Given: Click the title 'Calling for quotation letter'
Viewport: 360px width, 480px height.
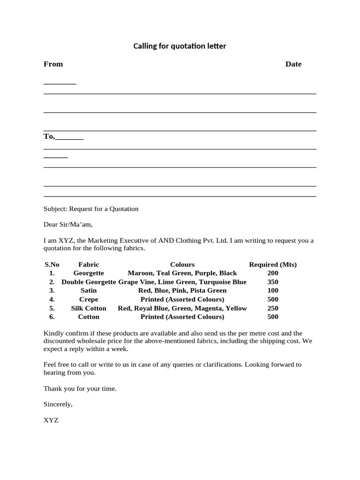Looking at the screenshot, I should tap(180, 46).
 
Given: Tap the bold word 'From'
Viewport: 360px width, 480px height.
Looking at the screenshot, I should tap(53, 64).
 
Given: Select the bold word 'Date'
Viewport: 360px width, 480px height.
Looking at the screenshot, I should tap(293, 64).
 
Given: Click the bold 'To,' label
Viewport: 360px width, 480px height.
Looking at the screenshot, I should tap(49, 136).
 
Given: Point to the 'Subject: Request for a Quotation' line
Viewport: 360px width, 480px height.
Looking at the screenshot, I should tap(91, 209).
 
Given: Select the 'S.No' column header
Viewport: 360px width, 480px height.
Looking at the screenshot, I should tap(52, 264).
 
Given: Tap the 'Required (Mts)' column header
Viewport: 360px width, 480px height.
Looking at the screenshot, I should tap(273, 264).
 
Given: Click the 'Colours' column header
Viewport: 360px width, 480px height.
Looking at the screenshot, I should tap(182, 264).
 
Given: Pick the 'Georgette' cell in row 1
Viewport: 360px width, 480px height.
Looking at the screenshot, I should tap(89, 273).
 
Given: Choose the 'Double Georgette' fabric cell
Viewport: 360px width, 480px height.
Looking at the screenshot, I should tap(89, 282).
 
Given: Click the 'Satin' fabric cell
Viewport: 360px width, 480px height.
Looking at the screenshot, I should tap(89, 291).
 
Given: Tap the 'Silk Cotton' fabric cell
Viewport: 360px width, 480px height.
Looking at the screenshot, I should tap(89, 308).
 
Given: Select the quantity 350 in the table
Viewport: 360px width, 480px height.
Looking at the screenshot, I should tap(273, 282).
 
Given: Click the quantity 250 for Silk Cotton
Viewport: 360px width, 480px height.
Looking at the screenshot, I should tap(273, 308).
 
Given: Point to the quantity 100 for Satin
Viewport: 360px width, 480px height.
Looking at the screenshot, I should tap(273, 291).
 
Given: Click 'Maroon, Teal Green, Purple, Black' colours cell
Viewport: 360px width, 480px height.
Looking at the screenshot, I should tap(182, 273).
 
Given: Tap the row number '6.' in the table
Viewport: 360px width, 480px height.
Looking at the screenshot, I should tap(52, 317).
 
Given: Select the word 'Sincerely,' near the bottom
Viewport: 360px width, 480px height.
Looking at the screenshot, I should tap(58, 404).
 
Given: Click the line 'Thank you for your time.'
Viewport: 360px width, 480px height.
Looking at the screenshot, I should tap(80, 389).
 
